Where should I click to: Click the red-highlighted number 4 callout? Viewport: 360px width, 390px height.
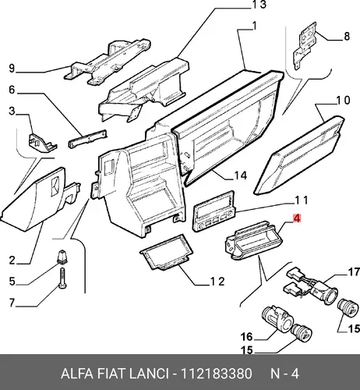(x=297, y=218)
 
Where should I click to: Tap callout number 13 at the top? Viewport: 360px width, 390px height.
(x=259, y=5)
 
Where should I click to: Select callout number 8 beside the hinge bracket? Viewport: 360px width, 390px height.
(x=347, y=36)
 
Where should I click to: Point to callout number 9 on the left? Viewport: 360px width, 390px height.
(x=12, y=68)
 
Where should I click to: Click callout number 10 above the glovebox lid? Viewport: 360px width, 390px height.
(x=343, y=101)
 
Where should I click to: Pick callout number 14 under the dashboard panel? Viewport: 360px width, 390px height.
(x=240, y=175)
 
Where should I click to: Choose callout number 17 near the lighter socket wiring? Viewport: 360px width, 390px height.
(x=354, y=272)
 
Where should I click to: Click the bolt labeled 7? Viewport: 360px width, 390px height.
(x=63, y=278)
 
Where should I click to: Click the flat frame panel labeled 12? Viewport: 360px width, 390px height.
(x=167, y=252)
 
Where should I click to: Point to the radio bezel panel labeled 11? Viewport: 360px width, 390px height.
(x=214, y=211)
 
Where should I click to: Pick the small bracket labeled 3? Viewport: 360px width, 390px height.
(x=41, y=143)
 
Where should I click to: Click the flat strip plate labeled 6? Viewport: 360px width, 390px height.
(x=87, y=139)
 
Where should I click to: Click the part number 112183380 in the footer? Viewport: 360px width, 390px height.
(x=216, y=374)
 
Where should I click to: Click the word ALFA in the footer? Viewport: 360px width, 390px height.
(x=77, y=374)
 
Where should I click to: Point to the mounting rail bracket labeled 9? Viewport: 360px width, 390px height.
(x=107, y=62)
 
